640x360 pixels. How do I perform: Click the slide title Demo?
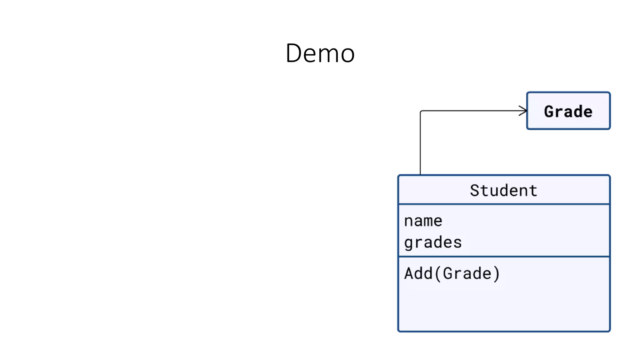pos(320,53)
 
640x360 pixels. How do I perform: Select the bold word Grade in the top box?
pos(568,112)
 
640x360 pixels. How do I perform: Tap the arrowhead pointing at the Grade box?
pos(523,111)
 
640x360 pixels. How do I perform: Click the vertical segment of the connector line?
pos(420,144)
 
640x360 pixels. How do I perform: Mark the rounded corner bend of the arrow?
pos(421,112)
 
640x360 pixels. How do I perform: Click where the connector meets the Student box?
pos(420,175)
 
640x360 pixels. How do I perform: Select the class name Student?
pos(503,190)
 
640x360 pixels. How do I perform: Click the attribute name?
pos(423,221)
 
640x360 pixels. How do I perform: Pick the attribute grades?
pos(433,243)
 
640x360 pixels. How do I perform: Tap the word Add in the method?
pos(418,273)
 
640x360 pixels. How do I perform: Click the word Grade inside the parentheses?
pos(467,273)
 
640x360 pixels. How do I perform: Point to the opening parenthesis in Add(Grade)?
pos(437,274)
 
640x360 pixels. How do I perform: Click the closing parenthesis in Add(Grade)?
pos(496,274)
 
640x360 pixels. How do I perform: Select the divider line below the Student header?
pos(503,204)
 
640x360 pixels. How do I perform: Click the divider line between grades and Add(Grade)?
pos(503,257)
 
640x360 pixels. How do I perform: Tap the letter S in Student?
pos(475,190)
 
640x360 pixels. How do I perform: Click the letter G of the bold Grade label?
pos(549,112)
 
